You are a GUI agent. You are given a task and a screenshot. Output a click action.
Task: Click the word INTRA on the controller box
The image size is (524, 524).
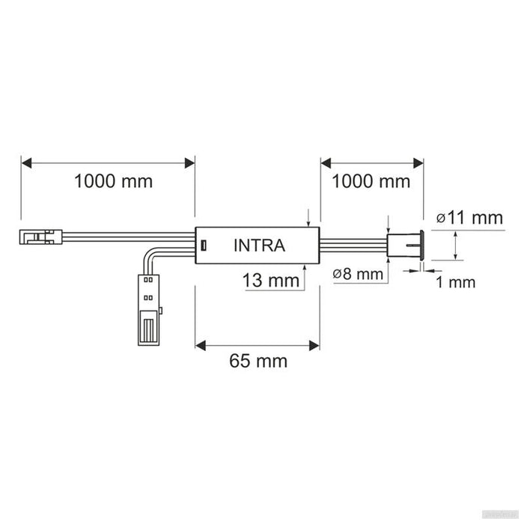(258, 245)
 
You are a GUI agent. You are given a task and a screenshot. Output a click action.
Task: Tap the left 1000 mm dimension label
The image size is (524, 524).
(113, 181)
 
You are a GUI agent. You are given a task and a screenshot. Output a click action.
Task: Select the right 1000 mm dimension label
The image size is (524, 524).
(371, 181)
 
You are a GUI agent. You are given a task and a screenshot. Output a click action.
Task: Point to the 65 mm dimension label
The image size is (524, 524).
(258, 361)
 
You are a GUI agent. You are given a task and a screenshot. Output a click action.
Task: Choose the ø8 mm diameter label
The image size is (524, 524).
(357, 274)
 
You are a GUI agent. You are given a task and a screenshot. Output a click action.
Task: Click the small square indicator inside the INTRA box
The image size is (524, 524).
(203, 245)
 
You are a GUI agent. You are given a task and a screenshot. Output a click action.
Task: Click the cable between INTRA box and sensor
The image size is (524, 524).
(353, 245)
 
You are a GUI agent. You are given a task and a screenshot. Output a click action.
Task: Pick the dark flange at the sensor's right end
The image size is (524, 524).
(422, 245)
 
